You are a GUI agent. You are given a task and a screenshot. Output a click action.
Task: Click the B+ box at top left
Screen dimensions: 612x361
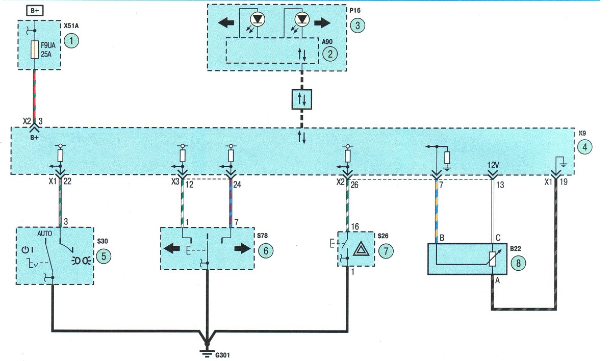click(35, 11)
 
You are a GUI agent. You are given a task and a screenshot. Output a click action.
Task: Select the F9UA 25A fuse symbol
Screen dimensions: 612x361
click(35, 49)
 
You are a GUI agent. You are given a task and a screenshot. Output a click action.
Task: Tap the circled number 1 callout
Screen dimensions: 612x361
click(71, 41)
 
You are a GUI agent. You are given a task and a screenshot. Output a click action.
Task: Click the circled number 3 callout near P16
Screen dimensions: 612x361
click(358, 25)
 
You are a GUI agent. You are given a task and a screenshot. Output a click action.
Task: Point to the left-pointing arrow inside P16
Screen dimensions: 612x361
click(226, 22)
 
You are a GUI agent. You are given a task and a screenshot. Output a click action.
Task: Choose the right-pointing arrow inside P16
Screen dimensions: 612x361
click(322, 22)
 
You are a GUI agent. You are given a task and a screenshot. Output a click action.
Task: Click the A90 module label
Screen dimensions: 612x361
click(327, 42)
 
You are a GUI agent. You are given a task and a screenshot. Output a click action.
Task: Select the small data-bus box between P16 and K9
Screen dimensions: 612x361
click(301, 99)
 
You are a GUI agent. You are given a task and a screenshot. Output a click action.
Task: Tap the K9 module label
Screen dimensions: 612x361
click(582, 133)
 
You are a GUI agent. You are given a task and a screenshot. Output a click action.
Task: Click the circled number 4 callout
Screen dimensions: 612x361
click(584, 147)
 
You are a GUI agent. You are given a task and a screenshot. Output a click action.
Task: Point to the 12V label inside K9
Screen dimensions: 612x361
click(493, 166)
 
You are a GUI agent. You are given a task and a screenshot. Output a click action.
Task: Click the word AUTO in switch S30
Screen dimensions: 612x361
click(44, 234)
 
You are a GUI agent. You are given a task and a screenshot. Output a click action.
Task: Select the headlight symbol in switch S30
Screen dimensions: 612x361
click(82, 261)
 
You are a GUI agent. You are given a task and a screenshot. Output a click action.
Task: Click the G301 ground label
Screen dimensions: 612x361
click(223, 355)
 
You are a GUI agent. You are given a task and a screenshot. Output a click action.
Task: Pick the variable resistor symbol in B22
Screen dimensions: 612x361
click(492, 259)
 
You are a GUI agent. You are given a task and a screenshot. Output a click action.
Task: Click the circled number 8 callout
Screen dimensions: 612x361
click(518, 263)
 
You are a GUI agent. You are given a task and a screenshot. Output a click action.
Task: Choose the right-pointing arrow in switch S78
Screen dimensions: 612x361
click(242, 248)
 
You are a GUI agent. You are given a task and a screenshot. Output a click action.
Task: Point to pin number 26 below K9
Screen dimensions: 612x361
click(354, 185)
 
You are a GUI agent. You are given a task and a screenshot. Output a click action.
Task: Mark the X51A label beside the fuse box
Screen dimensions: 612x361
click(71, 26)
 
